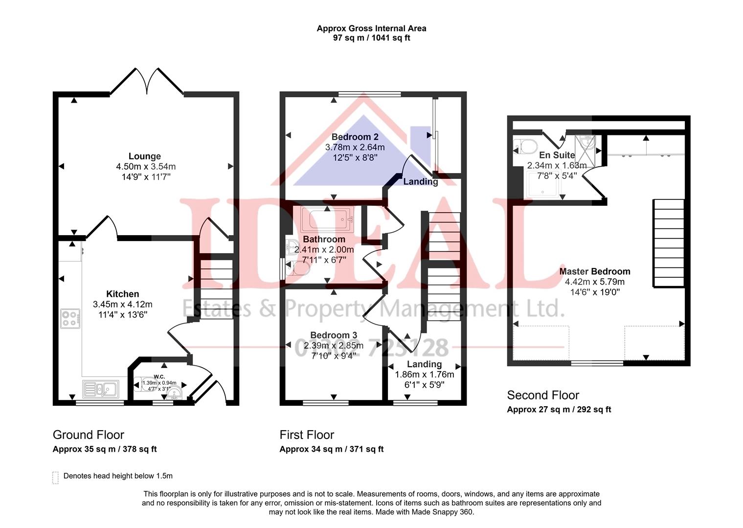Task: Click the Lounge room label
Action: (x=145, y=156)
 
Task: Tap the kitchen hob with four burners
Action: (x=70, y=318)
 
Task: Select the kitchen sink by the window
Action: (x=100, y=390)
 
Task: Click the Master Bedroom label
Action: (x=594, y=271)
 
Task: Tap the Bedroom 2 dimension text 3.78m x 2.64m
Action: (x=355, y=147)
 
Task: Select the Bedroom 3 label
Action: (x=334, y=335)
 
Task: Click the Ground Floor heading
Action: (x=89, y=435)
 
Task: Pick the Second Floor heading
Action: (x=543, y=395)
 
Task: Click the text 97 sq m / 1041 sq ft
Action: (x=371, y=38)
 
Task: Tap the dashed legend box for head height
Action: (x=55, y=478)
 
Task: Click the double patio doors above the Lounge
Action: (x=147, y=81)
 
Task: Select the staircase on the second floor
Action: (x=668, y=242)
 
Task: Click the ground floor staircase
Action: (x=216, y=288)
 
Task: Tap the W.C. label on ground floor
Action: (x=159, y=376)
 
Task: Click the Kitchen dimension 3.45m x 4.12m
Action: (x=123, y=304)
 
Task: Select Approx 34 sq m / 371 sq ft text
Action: (x=331, y=449)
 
